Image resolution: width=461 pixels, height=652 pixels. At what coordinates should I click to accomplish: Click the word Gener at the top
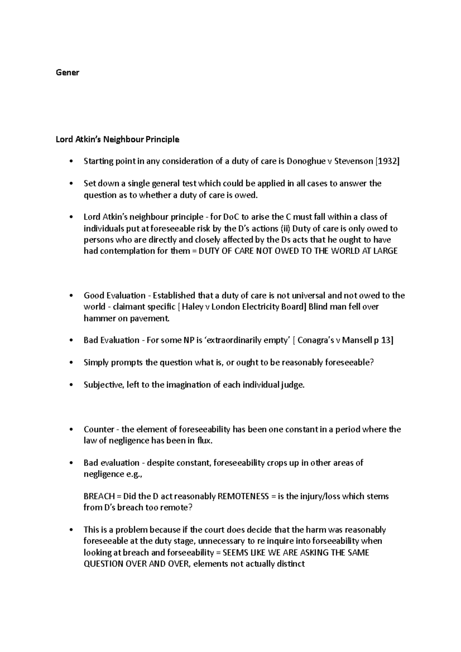click(x=68, y=73)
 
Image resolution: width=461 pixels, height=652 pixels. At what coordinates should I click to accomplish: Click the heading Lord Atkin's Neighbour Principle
click(x=118, y=139)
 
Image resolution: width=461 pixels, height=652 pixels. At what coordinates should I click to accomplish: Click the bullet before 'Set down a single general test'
click(x=70, y=184)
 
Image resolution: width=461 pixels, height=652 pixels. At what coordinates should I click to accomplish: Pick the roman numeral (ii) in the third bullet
click(x=285, y=229)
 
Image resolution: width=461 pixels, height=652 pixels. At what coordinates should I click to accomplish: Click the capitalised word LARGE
click(x=385, y=251)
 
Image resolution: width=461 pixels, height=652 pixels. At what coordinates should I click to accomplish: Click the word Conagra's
click(x=316, y=340)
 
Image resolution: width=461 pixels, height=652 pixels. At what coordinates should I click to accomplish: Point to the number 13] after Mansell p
click(x=386, y=340)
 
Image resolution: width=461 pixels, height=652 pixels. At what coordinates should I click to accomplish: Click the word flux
click(x=204, y=441)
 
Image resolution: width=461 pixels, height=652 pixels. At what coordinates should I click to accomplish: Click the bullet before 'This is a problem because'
click(x=70, y=530)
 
